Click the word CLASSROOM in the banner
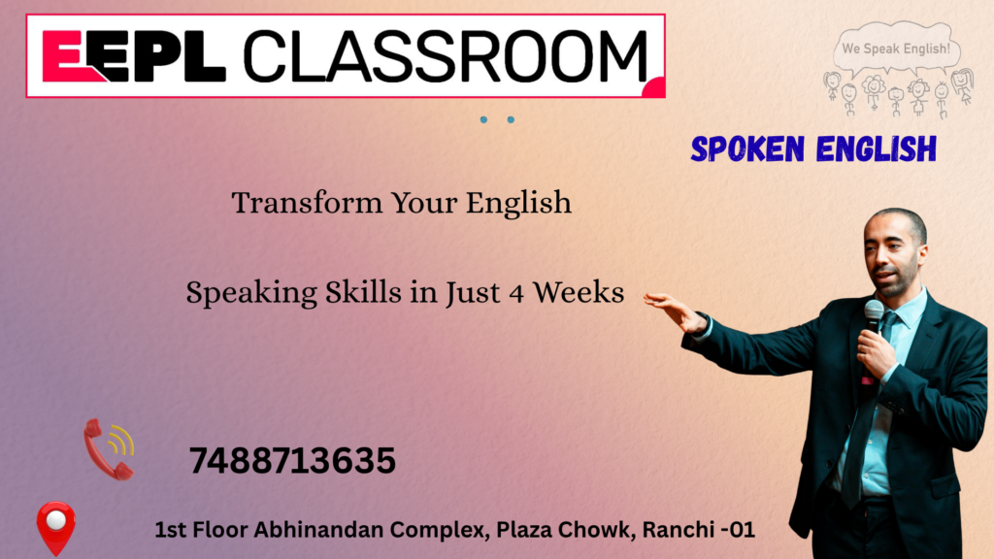(x=446, y=56)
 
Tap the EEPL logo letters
(x=134, y=56)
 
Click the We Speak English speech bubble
(x=896, y=47)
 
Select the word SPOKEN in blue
(x=747, y=149)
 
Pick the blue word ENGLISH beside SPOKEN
(x=877, y=149)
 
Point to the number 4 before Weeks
(x=516, y=294)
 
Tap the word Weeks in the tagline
(x=579, y=292)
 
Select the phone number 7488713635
(x=292, y=461)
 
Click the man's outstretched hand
(x=674, y=310)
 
